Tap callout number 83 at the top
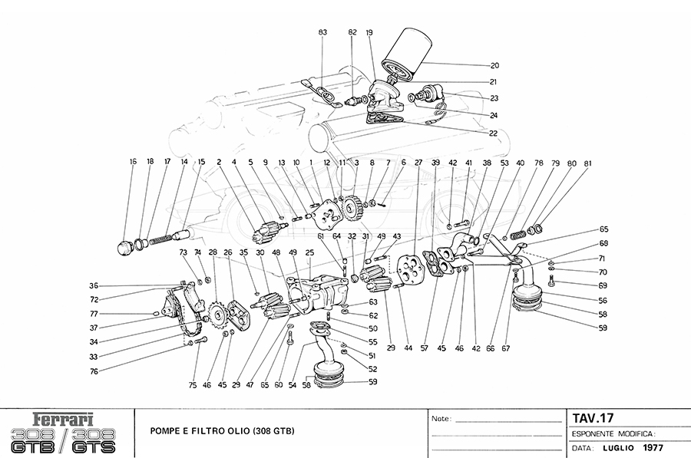(323, 32)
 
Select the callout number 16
(133, 162)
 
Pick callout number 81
(587, 163)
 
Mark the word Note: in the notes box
(440, 420)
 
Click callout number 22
(493, 133)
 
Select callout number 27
(418, 163)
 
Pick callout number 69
(603, 285)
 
